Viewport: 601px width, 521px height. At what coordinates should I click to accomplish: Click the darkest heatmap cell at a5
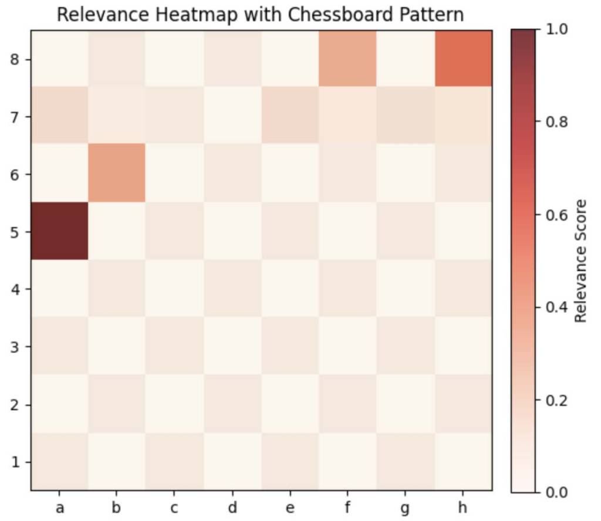(x=59, y=231)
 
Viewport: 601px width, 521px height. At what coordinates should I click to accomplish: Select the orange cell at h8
(x=462, y=57)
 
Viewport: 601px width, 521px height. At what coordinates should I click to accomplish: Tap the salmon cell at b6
(x=117, y=173)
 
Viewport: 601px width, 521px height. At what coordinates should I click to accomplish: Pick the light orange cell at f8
(x=347, y=57)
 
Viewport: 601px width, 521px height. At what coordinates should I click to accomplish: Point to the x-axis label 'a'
(x=59, y=508)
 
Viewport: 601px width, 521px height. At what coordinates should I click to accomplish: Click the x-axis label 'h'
(x=462, y=508)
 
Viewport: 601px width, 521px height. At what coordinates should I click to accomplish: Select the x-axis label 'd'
(x=232, y=508)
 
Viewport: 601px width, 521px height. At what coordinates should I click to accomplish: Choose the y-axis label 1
(x=16, y=462)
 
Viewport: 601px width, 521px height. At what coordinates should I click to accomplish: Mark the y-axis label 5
(x=16, y=232)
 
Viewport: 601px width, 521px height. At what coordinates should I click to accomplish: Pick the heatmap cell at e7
(x=290, y=115)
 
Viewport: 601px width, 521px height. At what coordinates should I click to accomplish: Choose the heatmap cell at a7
(x=59, y=115)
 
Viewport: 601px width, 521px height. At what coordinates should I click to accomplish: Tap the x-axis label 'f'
(x=347, y=508)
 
